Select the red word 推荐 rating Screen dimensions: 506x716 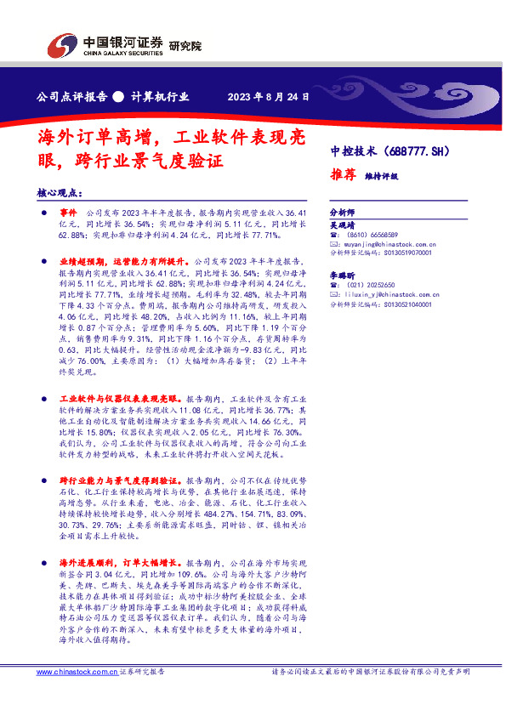343,174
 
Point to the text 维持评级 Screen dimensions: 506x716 382,176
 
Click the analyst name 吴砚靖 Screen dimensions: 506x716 343,224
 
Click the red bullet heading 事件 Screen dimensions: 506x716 68,210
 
